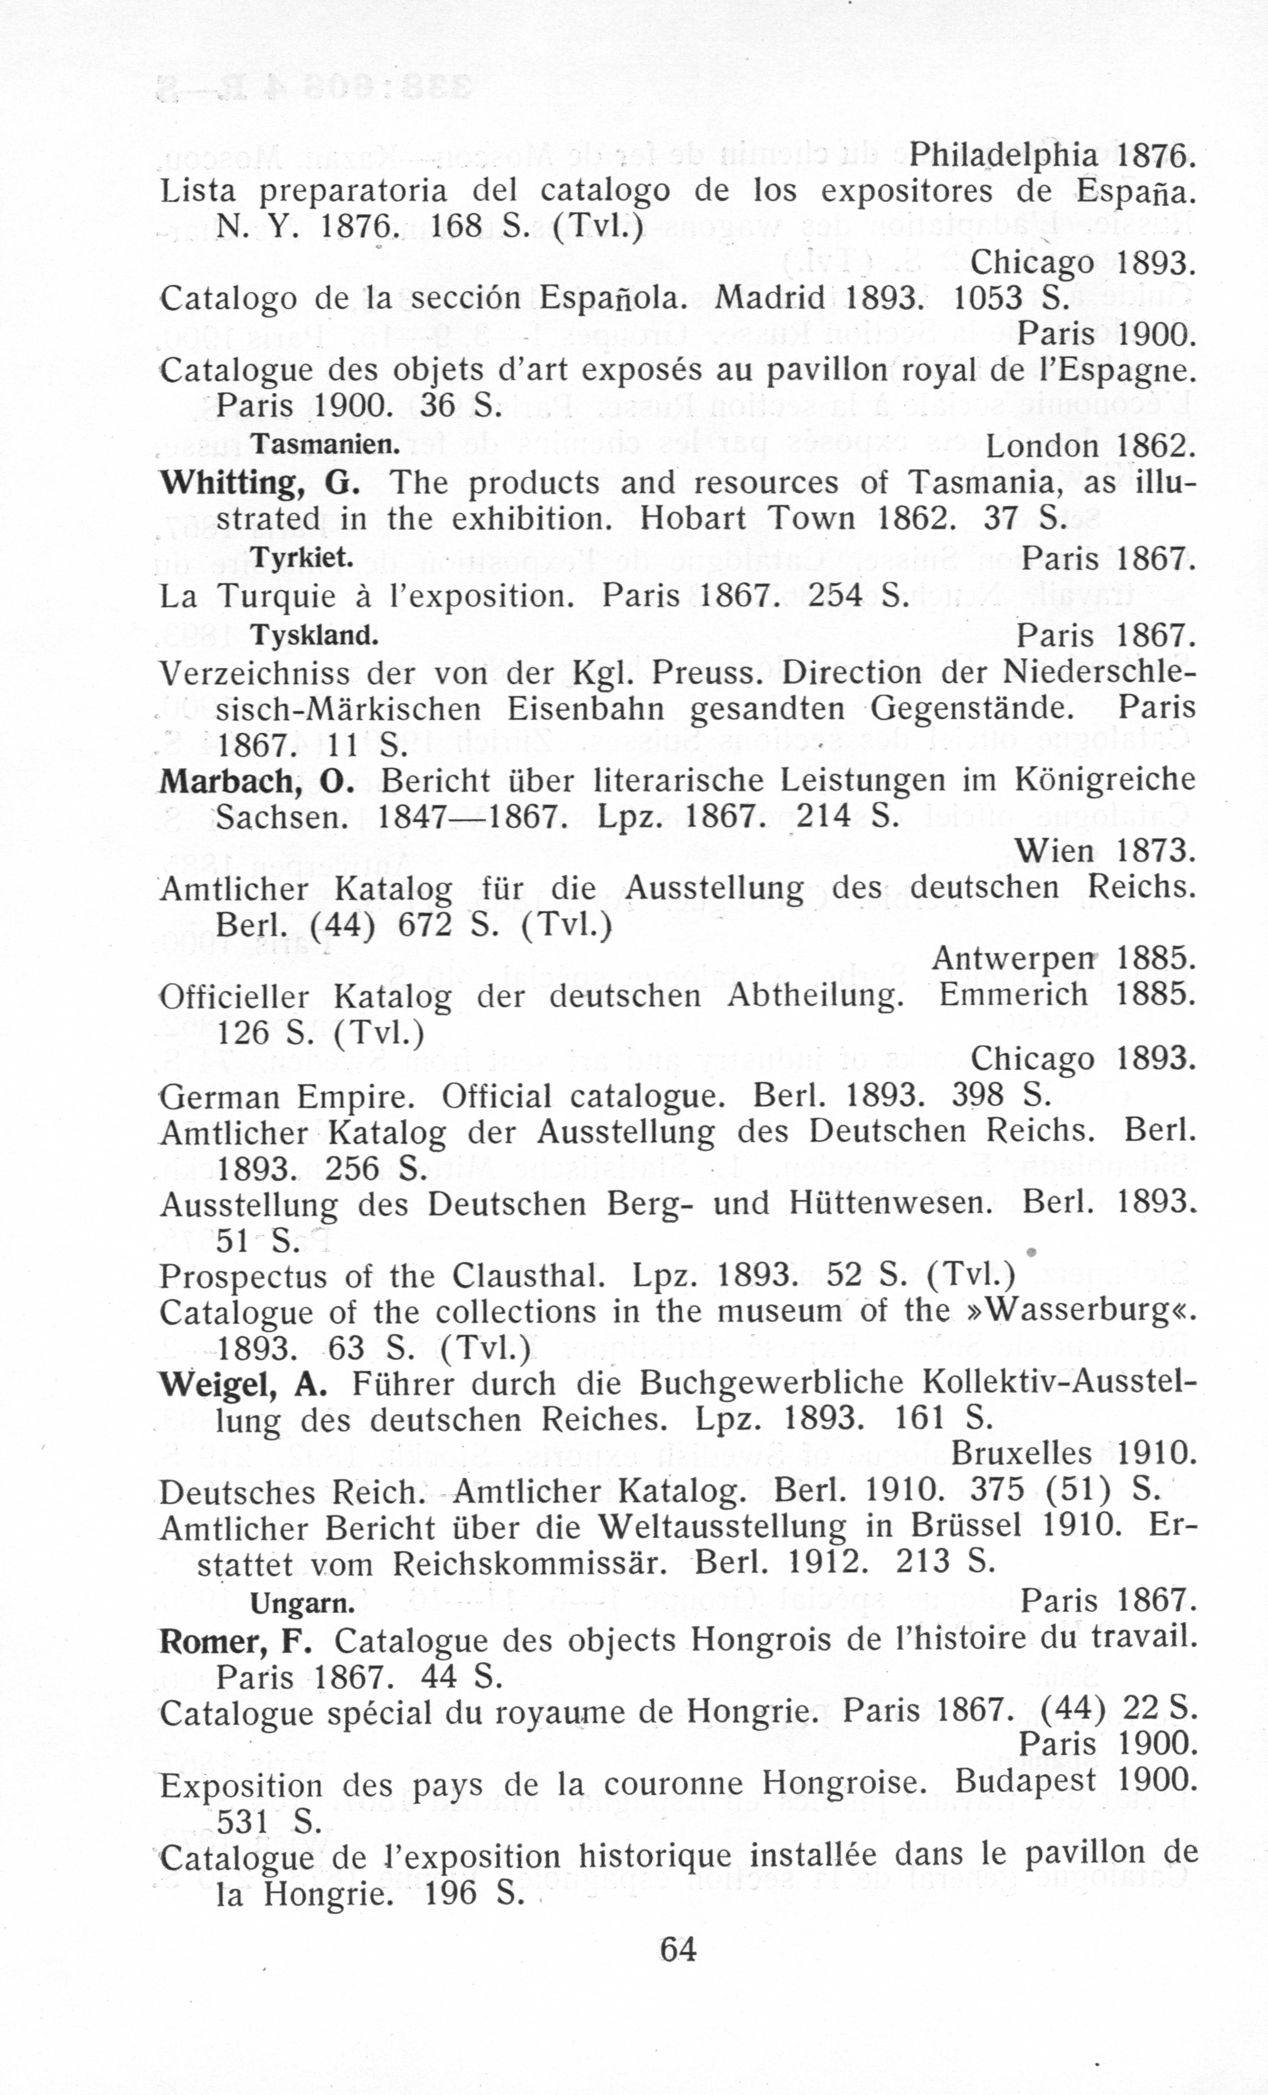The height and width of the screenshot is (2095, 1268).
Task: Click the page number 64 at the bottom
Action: coord(678,1948)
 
